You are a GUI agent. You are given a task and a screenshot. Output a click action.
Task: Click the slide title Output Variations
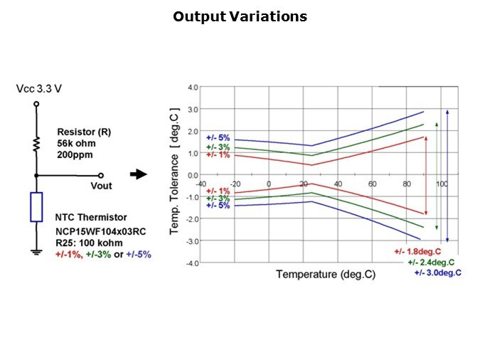pos(240,16)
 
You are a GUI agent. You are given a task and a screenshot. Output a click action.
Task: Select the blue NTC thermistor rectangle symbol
pos(36,206)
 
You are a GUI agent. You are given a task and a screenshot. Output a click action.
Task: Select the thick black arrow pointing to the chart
pos(139,174)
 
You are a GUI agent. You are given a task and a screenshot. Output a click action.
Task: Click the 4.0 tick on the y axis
pos(193,88)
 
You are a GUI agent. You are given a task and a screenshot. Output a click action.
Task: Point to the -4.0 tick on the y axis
pos(192,263)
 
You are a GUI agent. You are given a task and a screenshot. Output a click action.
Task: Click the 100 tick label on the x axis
pos(442,184)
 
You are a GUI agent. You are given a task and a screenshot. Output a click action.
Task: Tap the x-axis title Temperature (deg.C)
pos(326,274)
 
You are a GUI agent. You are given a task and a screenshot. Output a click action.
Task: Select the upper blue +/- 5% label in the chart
pos(218,138)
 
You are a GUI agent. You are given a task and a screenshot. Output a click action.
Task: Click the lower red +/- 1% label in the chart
pos(218,191)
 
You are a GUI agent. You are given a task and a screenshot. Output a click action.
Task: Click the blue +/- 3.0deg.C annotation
pos(437,272)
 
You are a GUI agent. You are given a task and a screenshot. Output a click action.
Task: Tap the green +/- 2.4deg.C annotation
pos(432,262)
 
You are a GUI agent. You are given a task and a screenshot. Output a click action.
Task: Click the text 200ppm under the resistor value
pos(75,154)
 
